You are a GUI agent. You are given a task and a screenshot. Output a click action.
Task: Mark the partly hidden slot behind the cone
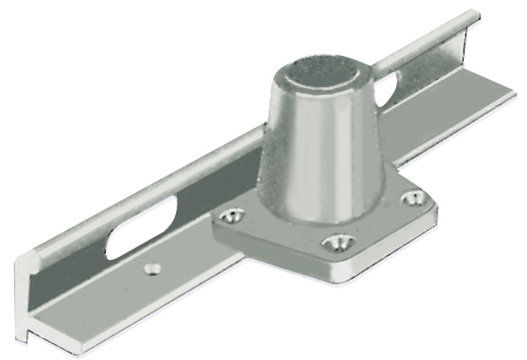coord(390,86)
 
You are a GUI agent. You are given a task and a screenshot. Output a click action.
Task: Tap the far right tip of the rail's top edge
coord(473,15)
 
